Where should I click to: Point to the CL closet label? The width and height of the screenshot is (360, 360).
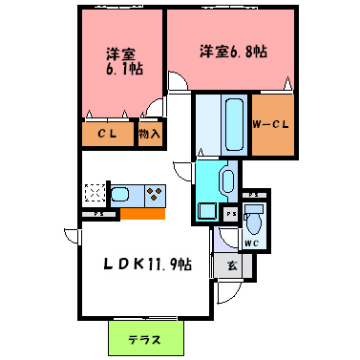[x=107, y=135]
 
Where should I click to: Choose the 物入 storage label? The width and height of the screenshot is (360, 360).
[x=150, y=135]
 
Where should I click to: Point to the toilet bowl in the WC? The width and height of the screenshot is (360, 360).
[x=253, y=222]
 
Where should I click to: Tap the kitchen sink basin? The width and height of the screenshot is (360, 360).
[x=121, y=195]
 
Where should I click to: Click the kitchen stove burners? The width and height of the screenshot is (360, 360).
[x=153, y=195]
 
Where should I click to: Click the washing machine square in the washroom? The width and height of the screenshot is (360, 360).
[x=207, y=211]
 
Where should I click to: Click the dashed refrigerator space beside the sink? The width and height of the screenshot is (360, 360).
[x=94, y=195]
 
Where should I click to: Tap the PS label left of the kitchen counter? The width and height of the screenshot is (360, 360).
[x=99, y=213]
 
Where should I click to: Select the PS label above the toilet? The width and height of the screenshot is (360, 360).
[x=254, y=195]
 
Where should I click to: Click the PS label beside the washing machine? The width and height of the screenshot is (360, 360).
[x=230, y=213]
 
